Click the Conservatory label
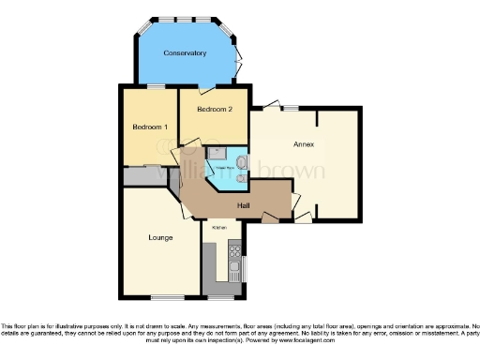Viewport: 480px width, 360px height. click(x=185, y=53)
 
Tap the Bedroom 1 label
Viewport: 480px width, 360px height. click(x=150, y=127)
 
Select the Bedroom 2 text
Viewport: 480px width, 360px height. click(x=215, y=109)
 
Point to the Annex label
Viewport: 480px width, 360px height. click(x=302, y=144)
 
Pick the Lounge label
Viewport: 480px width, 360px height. click(x=159, y=237)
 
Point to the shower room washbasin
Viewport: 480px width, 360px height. click(x=242, y=160)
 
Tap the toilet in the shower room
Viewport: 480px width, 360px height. click(x=241, y=174)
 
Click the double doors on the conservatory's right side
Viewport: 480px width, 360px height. click(x=240, y=56)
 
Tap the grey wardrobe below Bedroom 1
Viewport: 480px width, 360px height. click(x=144, y=173)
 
